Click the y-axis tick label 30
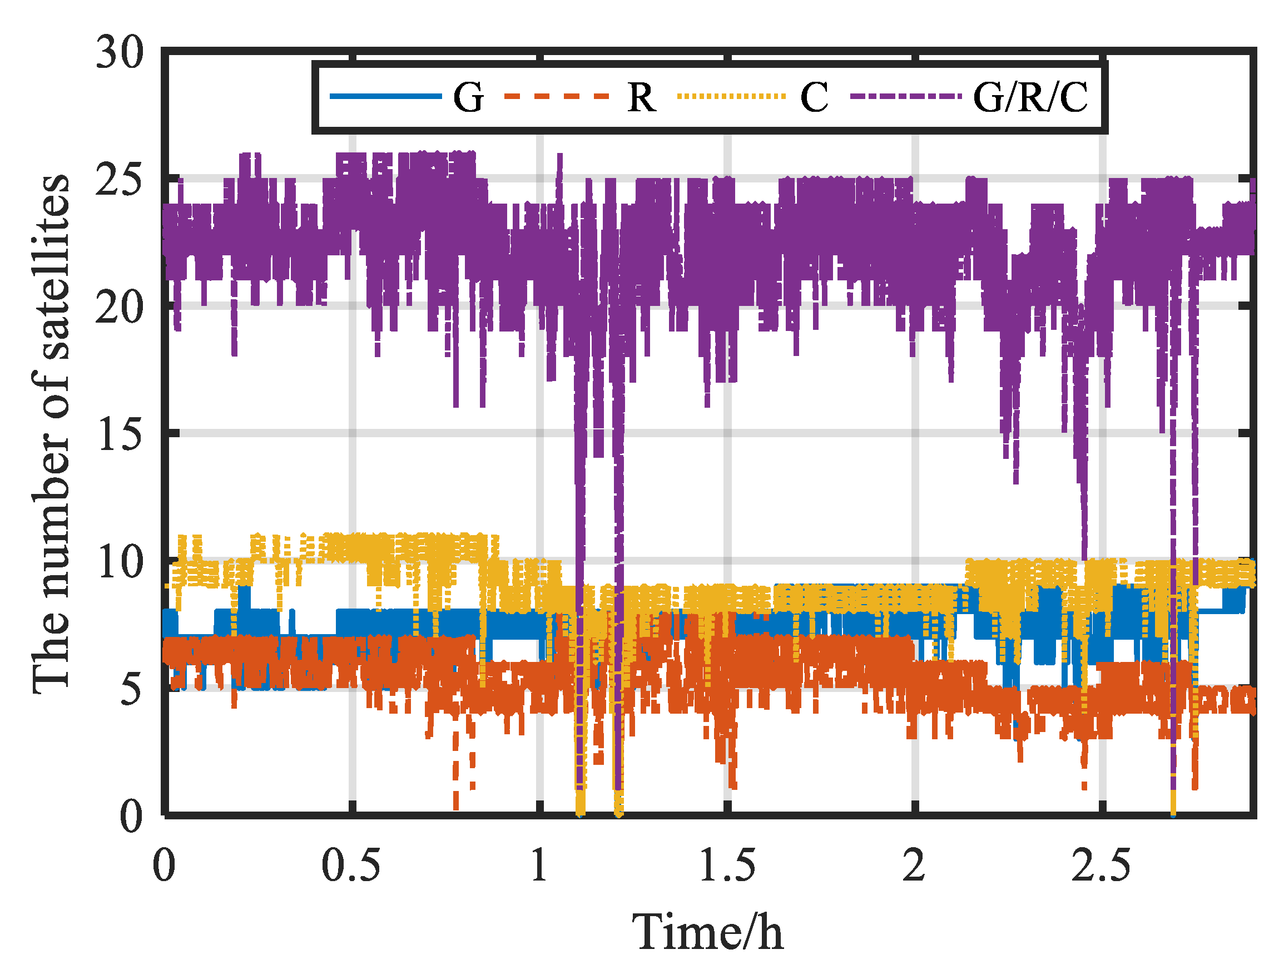point(120,52)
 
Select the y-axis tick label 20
point(120,308)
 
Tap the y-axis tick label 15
point(121,434)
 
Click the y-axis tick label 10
point(121,562)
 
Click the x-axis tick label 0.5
point(350,866)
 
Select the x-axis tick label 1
point(539,866)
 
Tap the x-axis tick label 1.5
point(727,866)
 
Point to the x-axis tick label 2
point(914,866)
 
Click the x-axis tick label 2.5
point(1101,866)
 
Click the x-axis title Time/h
point(707,933)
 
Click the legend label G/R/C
point(1030,97)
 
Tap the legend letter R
point(642,97)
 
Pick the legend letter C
point(814,97)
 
